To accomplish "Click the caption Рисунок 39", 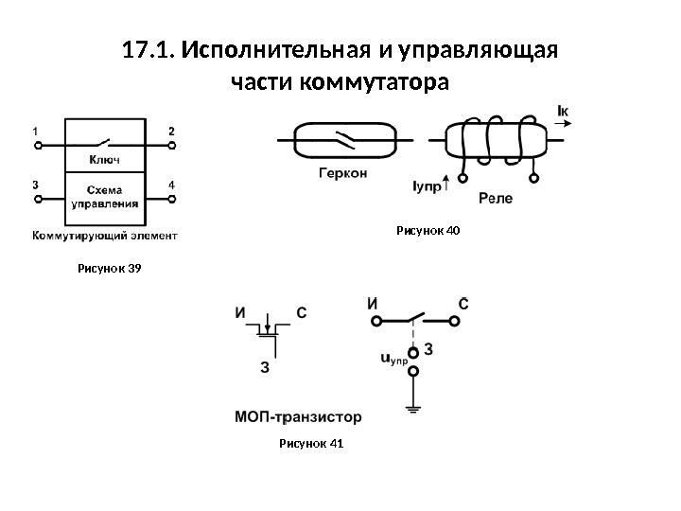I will point(109,270).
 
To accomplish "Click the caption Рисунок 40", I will point(428,230).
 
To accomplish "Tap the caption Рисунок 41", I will point(311,443).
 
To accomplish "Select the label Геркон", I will point(342,174).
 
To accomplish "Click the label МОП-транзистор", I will point(297,415).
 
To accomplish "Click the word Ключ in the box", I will point(104,159).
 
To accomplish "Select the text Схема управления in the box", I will point(104,196).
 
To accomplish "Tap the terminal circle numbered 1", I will point(38,147).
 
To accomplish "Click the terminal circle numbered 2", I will point(172,147).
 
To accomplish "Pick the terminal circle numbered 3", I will point(38,200).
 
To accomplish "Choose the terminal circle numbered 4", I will point(172,200).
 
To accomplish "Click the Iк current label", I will point(564,113).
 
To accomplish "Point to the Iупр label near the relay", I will point(428,188).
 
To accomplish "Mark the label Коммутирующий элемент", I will point(104,233).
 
